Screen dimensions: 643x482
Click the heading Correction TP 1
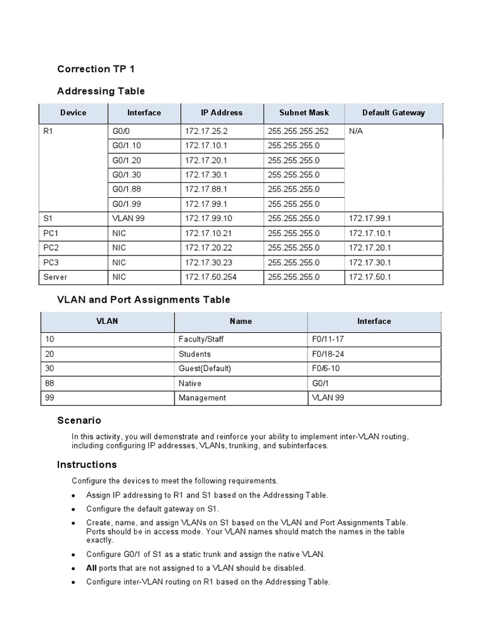(96, 69)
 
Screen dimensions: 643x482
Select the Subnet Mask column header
(304, 113)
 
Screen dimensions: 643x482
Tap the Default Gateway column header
(394, 113)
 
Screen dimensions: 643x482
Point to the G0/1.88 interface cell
(127, 189)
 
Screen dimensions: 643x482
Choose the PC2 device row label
(51, 248)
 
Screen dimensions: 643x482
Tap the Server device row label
(55, 277)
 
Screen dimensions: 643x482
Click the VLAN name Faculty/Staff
(201, 340)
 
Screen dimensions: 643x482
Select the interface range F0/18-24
(328, 354)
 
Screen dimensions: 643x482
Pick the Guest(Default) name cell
(205, 369)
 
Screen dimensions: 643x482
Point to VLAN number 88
(50, 383)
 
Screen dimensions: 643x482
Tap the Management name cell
(202, 397)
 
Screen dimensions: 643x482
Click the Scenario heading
(79, 421)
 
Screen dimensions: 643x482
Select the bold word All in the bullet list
(92, 568)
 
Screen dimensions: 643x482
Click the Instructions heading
(87, 465)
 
